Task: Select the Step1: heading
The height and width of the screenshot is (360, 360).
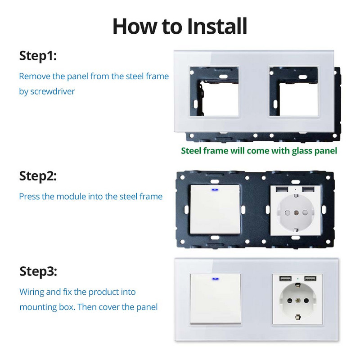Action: (38, 56)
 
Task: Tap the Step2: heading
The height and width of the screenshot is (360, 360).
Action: (38, 176)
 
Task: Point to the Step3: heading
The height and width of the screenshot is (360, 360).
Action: (38, 271)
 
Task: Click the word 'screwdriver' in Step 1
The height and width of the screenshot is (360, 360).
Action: (53, 91)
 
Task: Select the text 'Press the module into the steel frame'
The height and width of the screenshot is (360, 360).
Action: (90, 196)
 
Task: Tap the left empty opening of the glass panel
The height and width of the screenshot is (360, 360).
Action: (214, 92)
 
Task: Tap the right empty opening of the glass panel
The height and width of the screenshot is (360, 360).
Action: (293, 92)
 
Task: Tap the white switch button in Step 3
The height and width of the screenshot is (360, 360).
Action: (215, 299)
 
